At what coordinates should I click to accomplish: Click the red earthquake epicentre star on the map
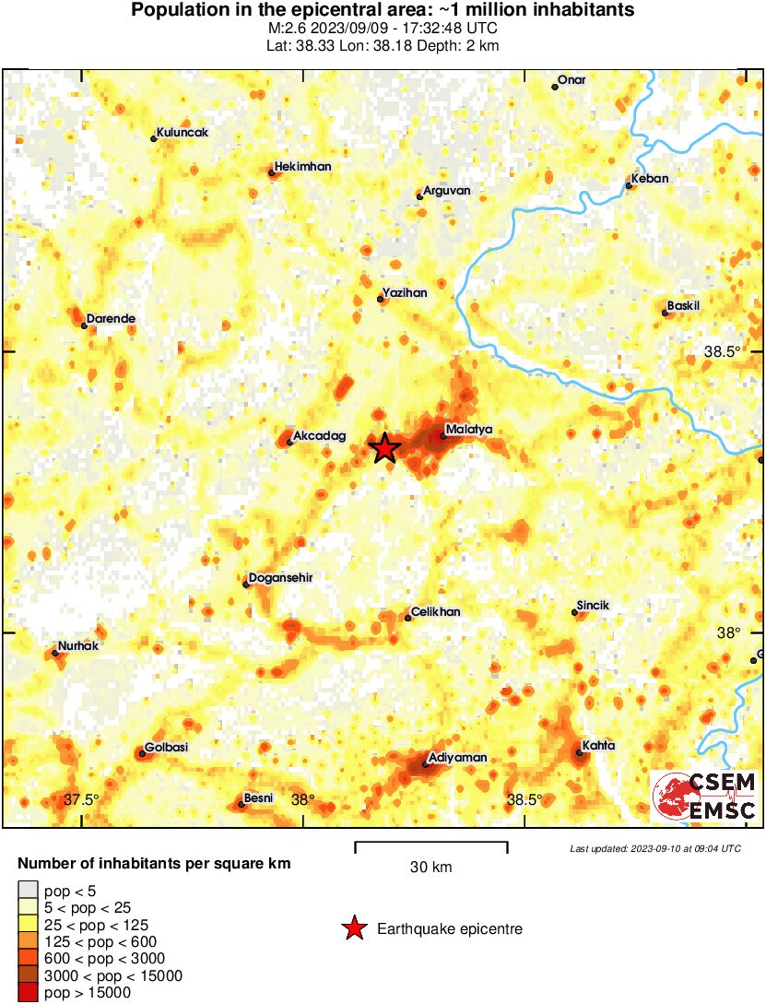tap(385, 448)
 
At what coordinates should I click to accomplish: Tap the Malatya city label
tap(469, 429)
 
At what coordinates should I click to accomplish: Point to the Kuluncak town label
tap(183, 132)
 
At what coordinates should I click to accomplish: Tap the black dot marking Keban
tap(629, 186)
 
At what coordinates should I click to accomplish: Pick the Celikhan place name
tap(436, 611)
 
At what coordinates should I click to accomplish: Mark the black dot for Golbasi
tap(142, 754)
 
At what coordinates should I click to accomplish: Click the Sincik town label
tap(593, 605)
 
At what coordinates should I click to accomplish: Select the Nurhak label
tap(79, 645)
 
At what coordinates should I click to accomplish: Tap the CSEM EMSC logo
tap(704, 796)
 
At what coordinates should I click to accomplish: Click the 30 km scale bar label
tap(430, 867)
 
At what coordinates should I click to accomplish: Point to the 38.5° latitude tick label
tap(722, 351)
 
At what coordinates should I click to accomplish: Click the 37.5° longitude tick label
tap(81, 799)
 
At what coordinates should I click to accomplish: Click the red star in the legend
tap(353, 928)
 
